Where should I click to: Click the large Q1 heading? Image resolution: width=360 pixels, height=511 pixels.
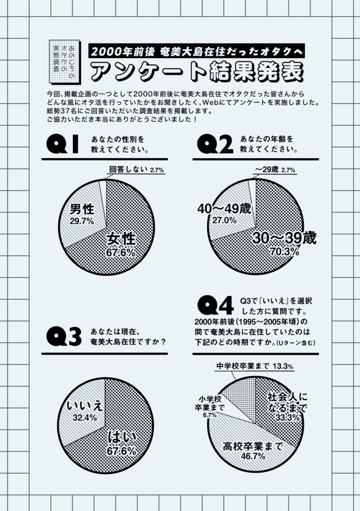coord(63,144)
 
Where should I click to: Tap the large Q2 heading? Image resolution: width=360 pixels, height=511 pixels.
coord(215,144)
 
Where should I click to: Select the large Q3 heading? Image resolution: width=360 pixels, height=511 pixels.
coord(63,337)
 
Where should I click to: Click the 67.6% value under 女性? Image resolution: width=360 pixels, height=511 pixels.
coord(121,253)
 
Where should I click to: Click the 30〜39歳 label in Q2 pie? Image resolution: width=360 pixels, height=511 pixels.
coord(284,238)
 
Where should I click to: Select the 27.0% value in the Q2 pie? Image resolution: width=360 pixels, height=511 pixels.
coord(224,220)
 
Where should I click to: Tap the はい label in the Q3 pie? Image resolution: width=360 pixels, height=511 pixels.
coord(122,438)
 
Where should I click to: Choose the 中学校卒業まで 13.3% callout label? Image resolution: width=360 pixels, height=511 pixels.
coord(254,367)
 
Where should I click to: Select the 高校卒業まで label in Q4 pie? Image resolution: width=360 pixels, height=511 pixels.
coord(253,445)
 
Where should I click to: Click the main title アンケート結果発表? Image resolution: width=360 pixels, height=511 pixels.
coord(197,72)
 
